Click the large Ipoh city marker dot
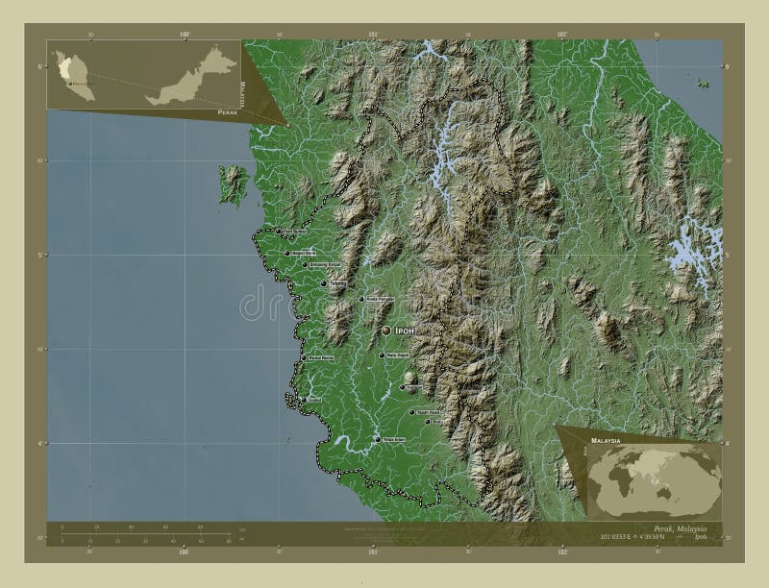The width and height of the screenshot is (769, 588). click(x=386, y=330)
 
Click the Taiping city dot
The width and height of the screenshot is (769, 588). click(x=323, y=283)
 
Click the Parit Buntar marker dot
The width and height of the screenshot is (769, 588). click(x=278, y=232)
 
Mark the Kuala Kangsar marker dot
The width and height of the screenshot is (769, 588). click(x=361, y=300)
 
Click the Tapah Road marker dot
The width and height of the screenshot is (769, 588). click(x=412, y=413)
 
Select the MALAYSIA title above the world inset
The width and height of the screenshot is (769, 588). click(x=603, y=438)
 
